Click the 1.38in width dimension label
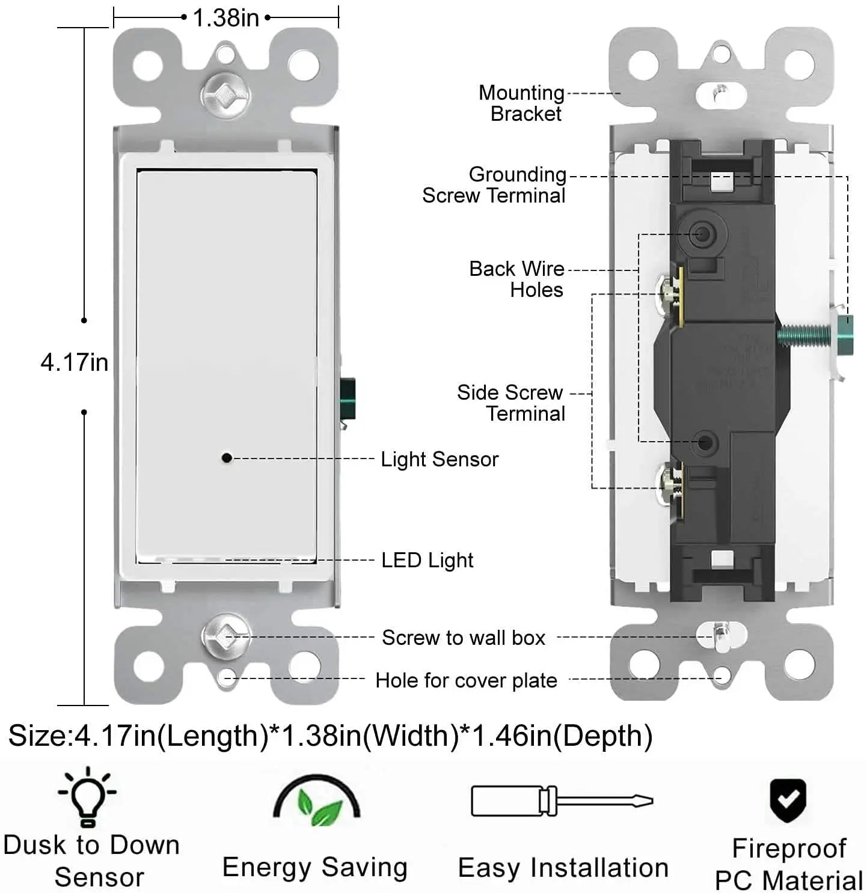click(226, 19)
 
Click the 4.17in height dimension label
click(75, 362)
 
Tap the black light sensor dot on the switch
click(227, 457)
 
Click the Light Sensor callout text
click(440, 459)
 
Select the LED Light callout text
click(427, 560)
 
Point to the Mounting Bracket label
click(522, 103)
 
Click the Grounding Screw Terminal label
click(494, 185)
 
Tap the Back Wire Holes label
click(516, 279)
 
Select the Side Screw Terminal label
click(510, 403)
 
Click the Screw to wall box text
click(464, 638)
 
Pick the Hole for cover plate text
click(466, 680)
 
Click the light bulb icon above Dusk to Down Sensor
click(87, 797)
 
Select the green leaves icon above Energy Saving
click(317, 800)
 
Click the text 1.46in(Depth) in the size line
click(562, 737)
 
